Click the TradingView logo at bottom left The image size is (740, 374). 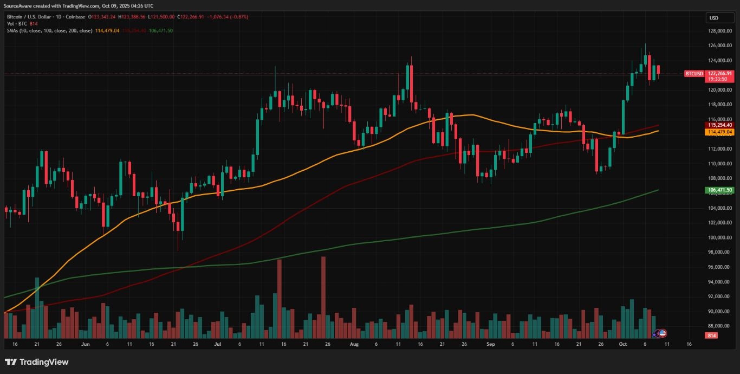tap(37, 362)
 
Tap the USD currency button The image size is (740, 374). tap(713, 18)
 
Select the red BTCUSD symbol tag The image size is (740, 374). tap(694, 74)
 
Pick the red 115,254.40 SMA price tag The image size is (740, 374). tap(720, 125)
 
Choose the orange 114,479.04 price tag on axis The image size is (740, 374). tap(720, 132)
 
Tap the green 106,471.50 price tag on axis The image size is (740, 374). tap(720, 190)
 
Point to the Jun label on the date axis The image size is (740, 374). tap(85, 344)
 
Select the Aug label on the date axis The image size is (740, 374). tap(354, 344)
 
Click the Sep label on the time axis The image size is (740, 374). tap(490, 344)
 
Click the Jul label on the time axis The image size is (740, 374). tap(218, 344)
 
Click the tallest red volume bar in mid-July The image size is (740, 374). tap(280, 298)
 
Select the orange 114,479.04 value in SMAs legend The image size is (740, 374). tap(107, 30)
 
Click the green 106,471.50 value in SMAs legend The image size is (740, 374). tap(161, 30)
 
